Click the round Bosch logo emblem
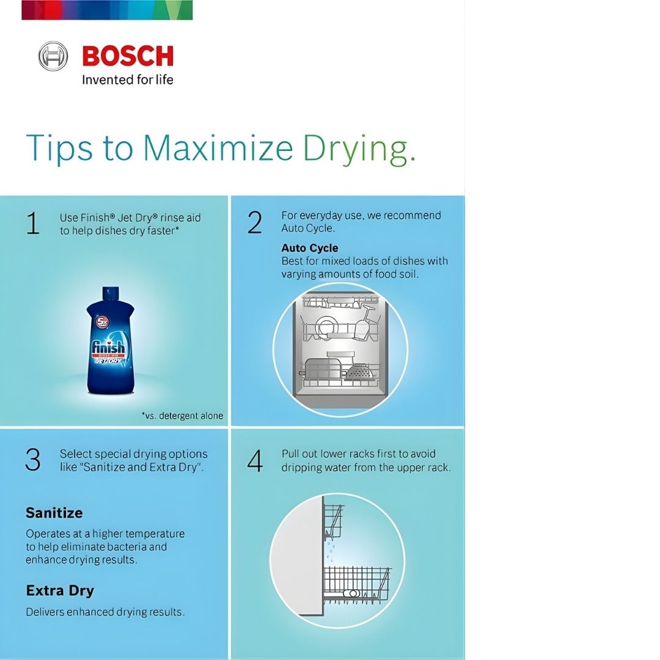(x=53, y=56)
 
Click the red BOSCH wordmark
(x=128, y=56)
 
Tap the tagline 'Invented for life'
(x=128, y=79)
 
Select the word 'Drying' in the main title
(x=359, y=150)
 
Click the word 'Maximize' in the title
(x=218, y=147)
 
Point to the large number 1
(x=33, y=223)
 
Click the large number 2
(x=255, y=222)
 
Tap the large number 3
(x=33, y=459)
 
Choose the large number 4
(x=255, y=461)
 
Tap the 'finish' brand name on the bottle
(x=109, y=347)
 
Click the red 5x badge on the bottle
(x=103, y=323)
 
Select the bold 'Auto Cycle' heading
(x=310, y=248)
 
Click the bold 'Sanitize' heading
(x=54, y=513)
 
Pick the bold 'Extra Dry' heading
(x=60, y=591)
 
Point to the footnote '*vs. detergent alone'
(x=182, y=416)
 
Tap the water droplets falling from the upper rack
(x=330, y=552)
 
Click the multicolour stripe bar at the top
(x=107, y=10)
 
